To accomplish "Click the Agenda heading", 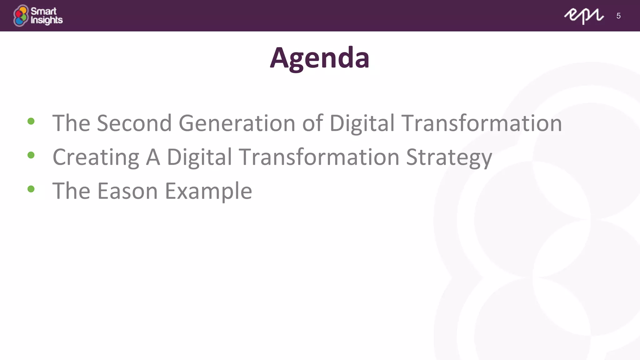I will click(320, 58).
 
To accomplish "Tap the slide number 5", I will click(618, 16).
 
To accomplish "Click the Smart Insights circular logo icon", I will click(21, 16).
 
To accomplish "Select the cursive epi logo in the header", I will click(583, 16).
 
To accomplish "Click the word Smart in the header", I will click(43, 11).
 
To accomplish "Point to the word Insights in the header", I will click(47, 20).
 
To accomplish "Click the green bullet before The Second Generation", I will click(31, 121).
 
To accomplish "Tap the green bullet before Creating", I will click(31, 155).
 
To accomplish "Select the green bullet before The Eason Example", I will click(31, 189).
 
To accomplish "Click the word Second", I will click(134, 123).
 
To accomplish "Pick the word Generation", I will click(237, 123).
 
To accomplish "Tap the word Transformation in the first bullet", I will click(482, 123).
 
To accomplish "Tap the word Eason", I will click(127, 191).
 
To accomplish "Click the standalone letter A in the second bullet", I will click(153, 157).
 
